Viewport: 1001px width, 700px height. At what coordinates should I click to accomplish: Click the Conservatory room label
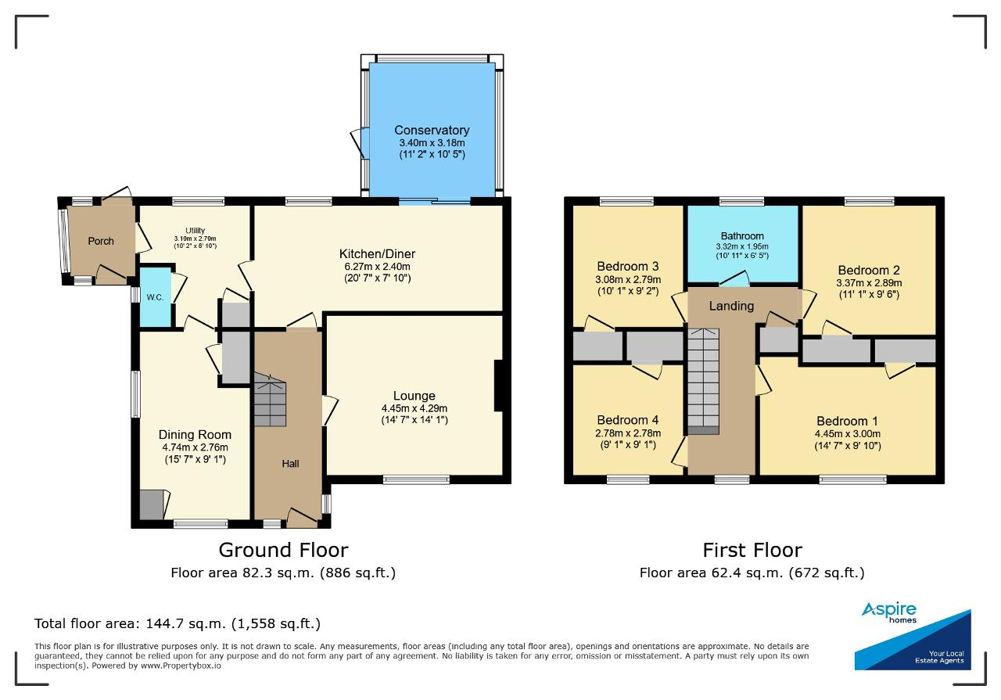pyautogui.click(x=432, y=130)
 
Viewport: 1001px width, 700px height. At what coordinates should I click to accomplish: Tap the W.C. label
pyautogui.click(x=155, y=297)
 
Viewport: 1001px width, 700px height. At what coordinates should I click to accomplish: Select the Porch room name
pyautogui.click(x=101, y=241)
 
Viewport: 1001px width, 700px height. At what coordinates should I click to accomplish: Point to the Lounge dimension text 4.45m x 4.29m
pyautogui.click(x=414, y=408)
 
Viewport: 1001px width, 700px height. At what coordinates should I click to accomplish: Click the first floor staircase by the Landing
pyautogui.click(x=703, y=382)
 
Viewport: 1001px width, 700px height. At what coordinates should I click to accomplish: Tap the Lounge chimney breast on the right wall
pyautogui.click(x=499, y=386)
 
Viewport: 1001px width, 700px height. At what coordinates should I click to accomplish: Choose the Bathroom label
pyautogui.click(x=742, y=236)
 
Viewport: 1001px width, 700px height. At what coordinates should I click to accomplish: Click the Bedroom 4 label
pyautogui.click(x=628, y=420)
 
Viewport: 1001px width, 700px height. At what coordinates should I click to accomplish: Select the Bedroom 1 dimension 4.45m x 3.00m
pyautogui.click(x=847, y=433)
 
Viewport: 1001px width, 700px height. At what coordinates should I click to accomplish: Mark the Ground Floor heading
pyautogui.click(x=283, y=551)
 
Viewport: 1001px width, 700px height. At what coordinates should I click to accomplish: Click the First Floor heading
pyautogui.click(x=752, y=551)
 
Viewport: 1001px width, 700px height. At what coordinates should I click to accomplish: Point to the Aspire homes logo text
pyautogui.click(x=889, y=612)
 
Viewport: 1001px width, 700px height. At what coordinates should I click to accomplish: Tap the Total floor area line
pyautogui.click(x=178, y=623)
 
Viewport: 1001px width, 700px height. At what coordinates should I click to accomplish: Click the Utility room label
pyautogui.click(x=196, y=231)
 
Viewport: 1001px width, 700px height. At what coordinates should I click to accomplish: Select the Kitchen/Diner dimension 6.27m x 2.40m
pyautogui.click(x=377, y=267)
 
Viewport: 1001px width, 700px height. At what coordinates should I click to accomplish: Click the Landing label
pyautogui.click(x=731, y=306)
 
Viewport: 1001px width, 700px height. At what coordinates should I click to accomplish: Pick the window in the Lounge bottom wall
pyautogui.click(x=416, y=479)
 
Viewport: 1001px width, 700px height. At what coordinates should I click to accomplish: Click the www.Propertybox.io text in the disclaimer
pyautogui.click(x=181, y=666)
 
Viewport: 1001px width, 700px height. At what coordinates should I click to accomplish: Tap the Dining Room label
pyautogui.click(x=195, y=435)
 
